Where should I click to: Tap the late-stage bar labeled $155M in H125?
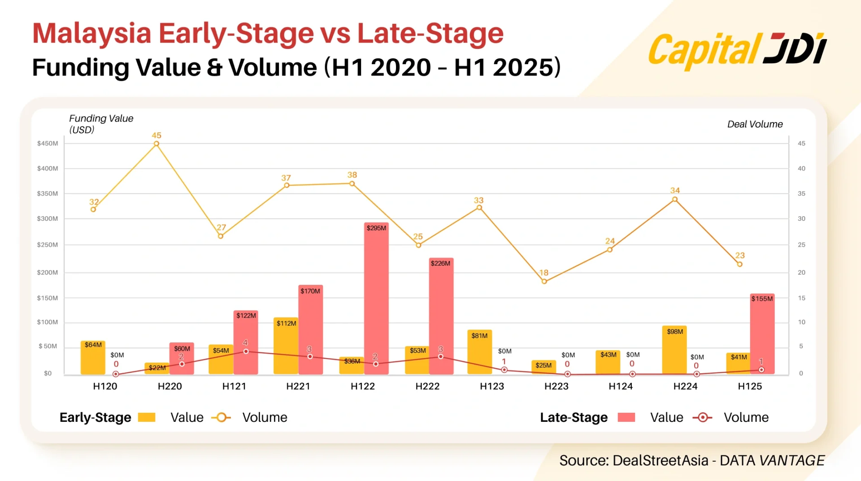762,334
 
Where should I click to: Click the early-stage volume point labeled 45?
157,144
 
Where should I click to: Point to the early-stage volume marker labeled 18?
544,281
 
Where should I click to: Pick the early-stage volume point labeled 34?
675,199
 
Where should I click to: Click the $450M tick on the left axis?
48,144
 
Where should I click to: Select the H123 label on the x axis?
492,386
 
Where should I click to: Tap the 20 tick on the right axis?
801,272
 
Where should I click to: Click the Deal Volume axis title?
755,124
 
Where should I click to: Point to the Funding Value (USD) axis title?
101,124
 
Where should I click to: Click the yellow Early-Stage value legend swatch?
147,417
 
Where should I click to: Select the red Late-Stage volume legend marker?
702,417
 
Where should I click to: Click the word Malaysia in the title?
92,34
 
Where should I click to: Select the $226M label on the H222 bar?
440,263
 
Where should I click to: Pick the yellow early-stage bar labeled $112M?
286,346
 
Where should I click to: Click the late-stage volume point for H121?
246,351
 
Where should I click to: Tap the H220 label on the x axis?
170,386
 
